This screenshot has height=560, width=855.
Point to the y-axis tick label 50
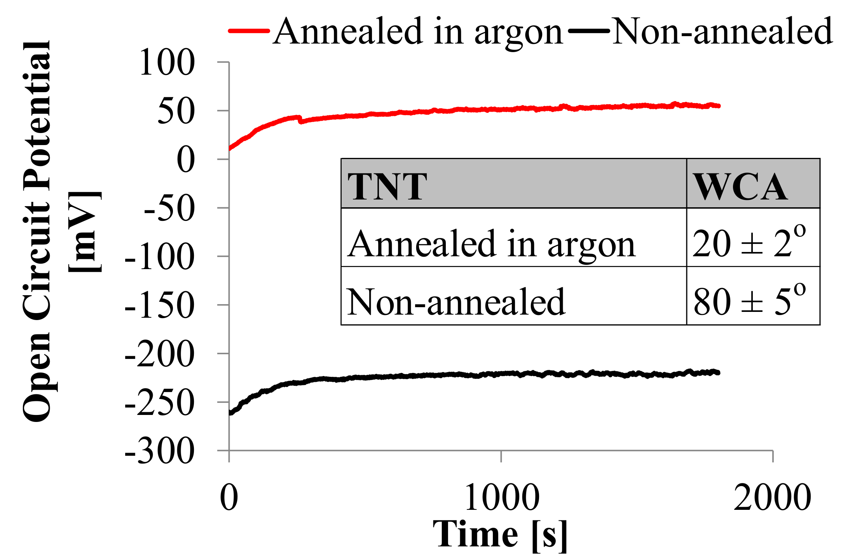tap(176, 111)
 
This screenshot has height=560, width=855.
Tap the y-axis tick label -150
tap(160, 306)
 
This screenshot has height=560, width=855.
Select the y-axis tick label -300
tap(160, 451)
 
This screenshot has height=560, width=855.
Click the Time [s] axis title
tap(501, 535)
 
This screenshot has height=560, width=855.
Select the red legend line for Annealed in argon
tap(249, 31)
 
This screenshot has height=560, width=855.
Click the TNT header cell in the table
tap(387, 186)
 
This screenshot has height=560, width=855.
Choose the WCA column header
tap(740, 186)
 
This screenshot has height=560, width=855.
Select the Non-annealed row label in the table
tap(455, 301)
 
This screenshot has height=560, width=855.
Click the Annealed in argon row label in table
tap(491, 243)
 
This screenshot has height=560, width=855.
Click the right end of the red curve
tap(719, 106)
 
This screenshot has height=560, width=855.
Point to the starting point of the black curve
tap(230, 413)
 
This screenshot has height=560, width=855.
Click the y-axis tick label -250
tap(160, 403)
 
